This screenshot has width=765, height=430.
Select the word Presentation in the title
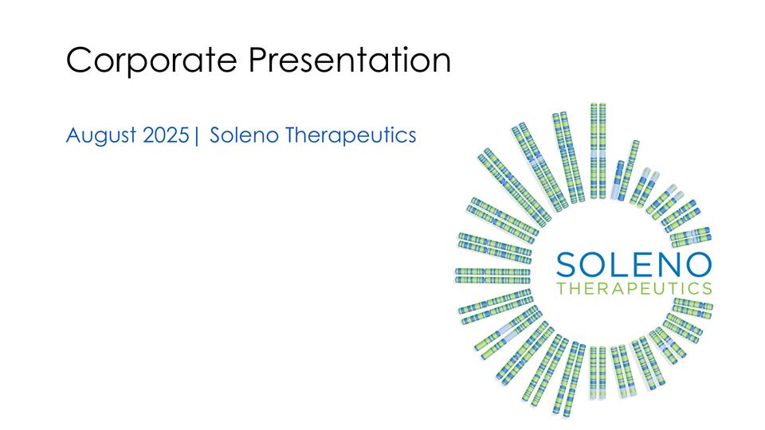pyautogui.click(x=347, y=61)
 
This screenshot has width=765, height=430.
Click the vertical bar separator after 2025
pyautogui.click(x=195, y=136)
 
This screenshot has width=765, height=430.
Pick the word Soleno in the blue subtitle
pyautogui.click(x=244, y=135)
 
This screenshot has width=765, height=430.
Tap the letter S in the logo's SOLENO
pyautogui.click(x=568, y=264)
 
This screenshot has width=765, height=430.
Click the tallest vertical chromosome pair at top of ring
pyautogui.click(x=598, y=151)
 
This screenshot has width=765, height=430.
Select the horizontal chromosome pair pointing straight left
pyautogui.click(x=492, y=276)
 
